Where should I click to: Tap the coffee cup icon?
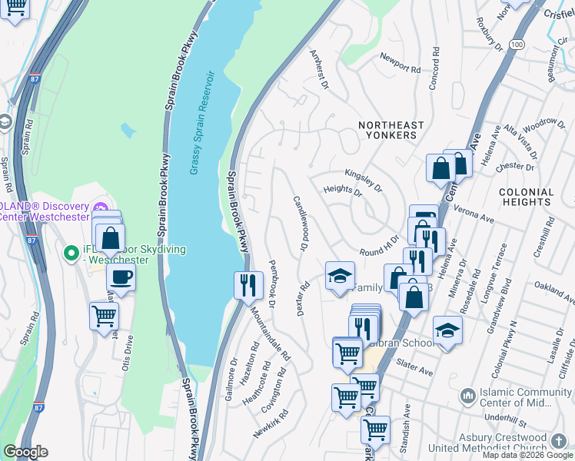(121, 278)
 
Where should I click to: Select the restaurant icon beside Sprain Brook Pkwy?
(248, 285)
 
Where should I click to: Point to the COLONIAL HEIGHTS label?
(526, 197)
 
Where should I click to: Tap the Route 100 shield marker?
(517, 45)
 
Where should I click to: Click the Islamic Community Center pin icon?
(467, 396)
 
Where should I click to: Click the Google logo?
(25, 452)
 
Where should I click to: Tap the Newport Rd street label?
(401, 61)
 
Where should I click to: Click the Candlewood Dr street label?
(301, 223)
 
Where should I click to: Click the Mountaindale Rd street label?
(271, 334)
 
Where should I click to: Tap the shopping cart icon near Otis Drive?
(104, 315)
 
